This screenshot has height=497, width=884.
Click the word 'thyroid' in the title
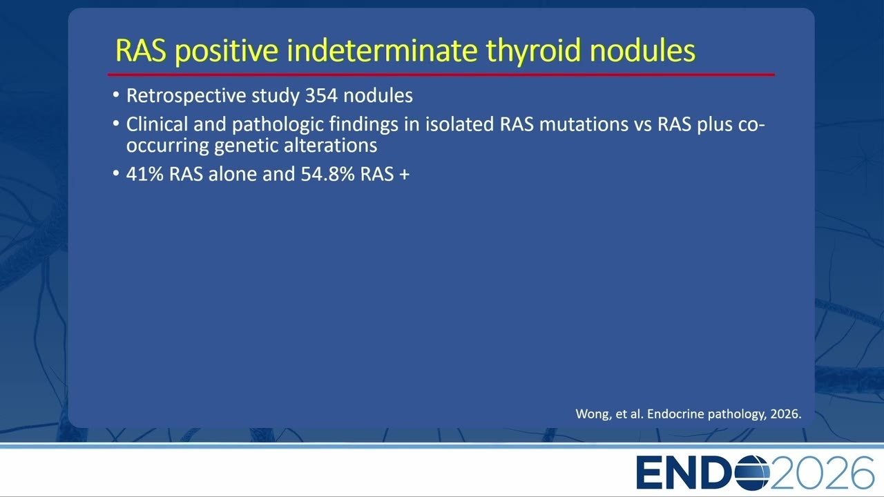click(x=534, y=51)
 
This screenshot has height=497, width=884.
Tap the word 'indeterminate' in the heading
click(x=382, y=50)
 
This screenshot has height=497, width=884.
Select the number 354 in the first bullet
click(x=321, y=95)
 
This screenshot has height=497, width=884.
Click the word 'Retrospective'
click(x=186, y=96)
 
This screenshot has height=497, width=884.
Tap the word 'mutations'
click(x=584, y=124)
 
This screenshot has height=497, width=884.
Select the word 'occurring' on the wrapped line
click(x=167, y=146)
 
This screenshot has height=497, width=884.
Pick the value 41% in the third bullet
click(x=145, y=174)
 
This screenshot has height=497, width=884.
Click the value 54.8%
click(x=327, y=174)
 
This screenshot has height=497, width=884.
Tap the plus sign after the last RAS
click(x=404, y=175)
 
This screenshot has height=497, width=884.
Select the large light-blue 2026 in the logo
click(x=822, y=473)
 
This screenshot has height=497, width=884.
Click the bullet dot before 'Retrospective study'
click(x=115, y=95)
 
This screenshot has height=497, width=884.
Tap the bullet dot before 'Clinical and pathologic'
click(x=115, y=124)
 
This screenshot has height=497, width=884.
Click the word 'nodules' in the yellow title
click(x=642, y=50)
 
